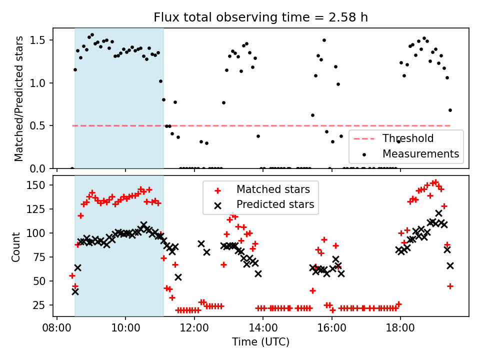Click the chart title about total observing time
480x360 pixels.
click(x=260, y=17)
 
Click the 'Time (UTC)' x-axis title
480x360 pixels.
click(x=260, y=342)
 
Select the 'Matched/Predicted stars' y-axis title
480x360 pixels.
click(x=19, y=98)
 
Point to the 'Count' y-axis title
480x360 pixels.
click(x=16, y=246)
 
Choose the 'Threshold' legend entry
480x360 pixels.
click(x=408, y=138)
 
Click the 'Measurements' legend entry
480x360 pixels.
click(x=420, y=153)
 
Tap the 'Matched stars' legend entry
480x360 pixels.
click(x=273, y=189)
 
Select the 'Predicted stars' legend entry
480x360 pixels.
click(x=275, y=204)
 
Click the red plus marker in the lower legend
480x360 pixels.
click(x=217, y=190)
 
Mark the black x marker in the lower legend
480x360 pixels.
click(x=217, y=205)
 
